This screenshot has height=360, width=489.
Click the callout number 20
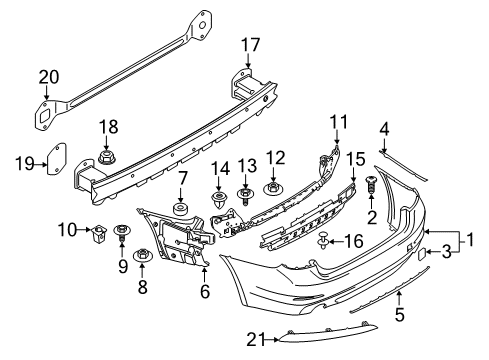pos(49,77)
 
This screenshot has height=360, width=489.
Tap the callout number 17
pos(250,45)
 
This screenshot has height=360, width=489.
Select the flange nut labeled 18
pos(107,157)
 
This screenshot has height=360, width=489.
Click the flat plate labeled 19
pos(56,159)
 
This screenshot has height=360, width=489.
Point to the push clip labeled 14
pos(218,200)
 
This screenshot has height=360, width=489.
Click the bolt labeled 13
pos(245,197)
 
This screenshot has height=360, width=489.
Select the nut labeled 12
pos(273,189)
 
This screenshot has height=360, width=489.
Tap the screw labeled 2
pos(371,186)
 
